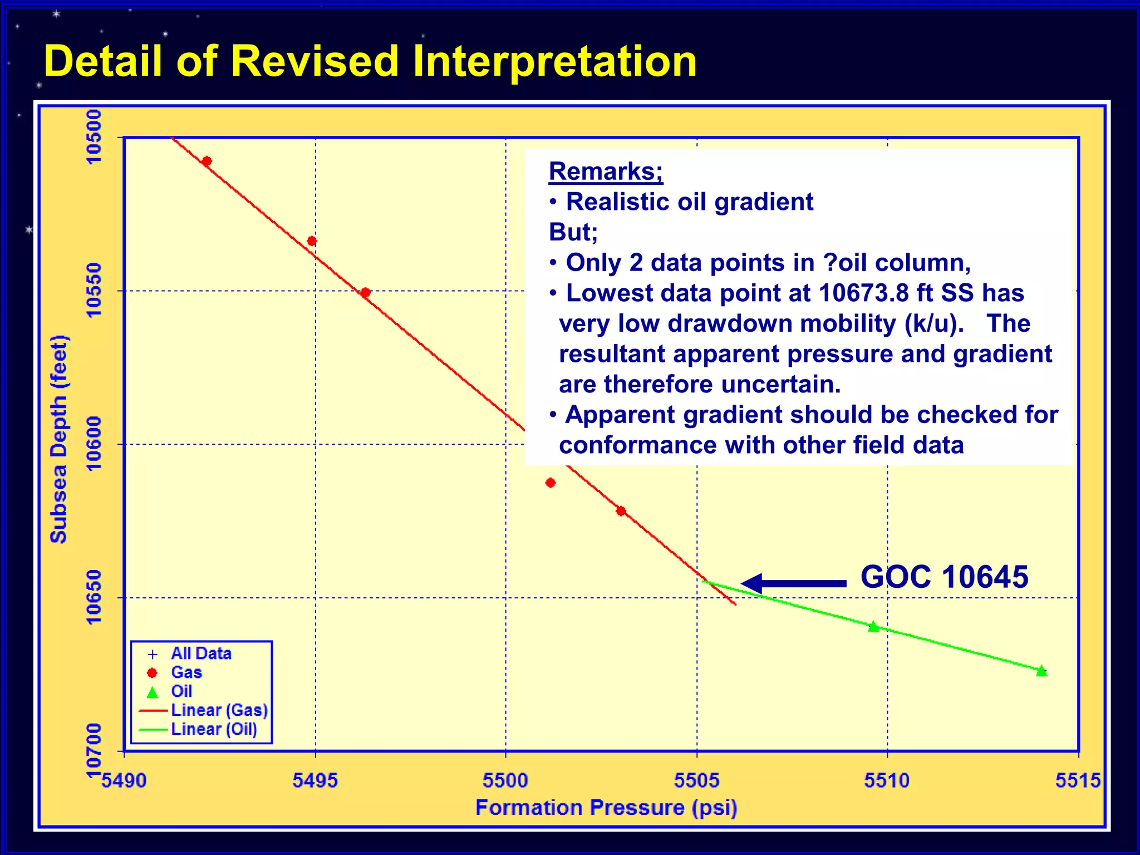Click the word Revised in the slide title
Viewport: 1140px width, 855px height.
[315, 61]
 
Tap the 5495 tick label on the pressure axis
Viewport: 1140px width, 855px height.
[315, 780]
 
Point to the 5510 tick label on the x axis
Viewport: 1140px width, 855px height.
[887, 780]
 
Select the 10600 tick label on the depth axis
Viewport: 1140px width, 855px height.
[94, 444]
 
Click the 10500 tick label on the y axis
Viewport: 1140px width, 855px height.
[94, 137]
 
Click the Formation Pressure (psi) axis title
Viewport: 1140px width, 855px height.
[606, 808]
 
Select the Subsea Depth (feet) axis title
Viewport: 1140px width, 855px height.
[58, 439]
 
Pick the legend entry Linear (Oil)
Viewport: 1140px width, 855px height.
[214, 729]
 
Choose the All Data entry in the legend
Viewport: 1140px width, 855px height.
[201, 653]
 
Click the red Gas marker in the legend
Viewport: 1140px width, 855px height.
[152, 673]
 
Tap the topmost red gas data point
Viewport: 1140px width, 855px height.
[207, 161]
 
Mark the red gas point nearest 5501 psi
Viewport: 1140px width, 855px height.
[551, 483]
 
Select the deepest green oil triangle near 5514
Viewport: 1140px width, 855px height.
[1041, 671]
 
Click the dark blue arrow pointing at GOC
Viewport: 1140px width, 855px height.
[793, 583]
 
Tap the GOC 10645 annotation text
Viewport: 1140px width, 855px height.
[944, 577]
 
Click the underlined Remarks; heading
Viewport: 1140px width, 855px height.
[606, 171]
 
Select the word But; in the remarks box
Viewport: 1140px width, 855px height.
[573, 232]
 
